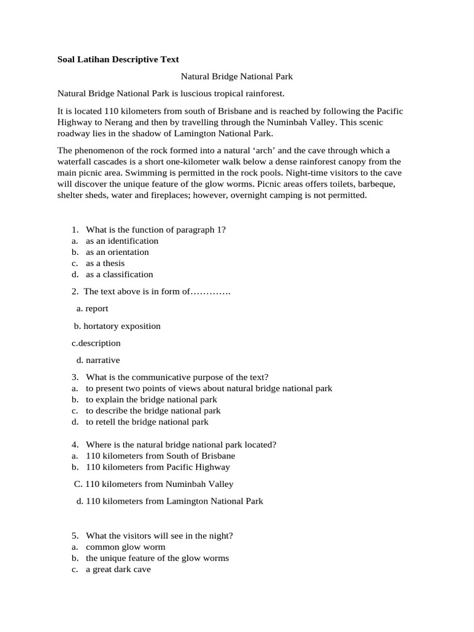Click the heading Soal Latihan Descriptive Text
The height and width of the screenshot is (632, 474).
(118, 60)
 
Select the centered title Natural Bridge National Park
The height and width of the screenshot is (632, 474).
(236, 77)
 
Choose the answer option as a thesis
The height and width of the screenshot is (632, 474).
(105, 264)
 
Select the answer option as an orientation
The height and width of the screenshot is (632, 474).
(117, 252)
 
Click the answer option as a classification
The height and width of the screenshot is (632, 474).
(119, 275)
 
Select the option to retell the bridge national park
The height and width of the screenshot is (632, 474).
(147, 422)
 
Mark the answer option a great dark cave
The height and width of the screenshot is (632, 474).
(118, 570)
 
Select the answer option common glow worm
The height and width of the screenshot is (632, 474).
(125, 547)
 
